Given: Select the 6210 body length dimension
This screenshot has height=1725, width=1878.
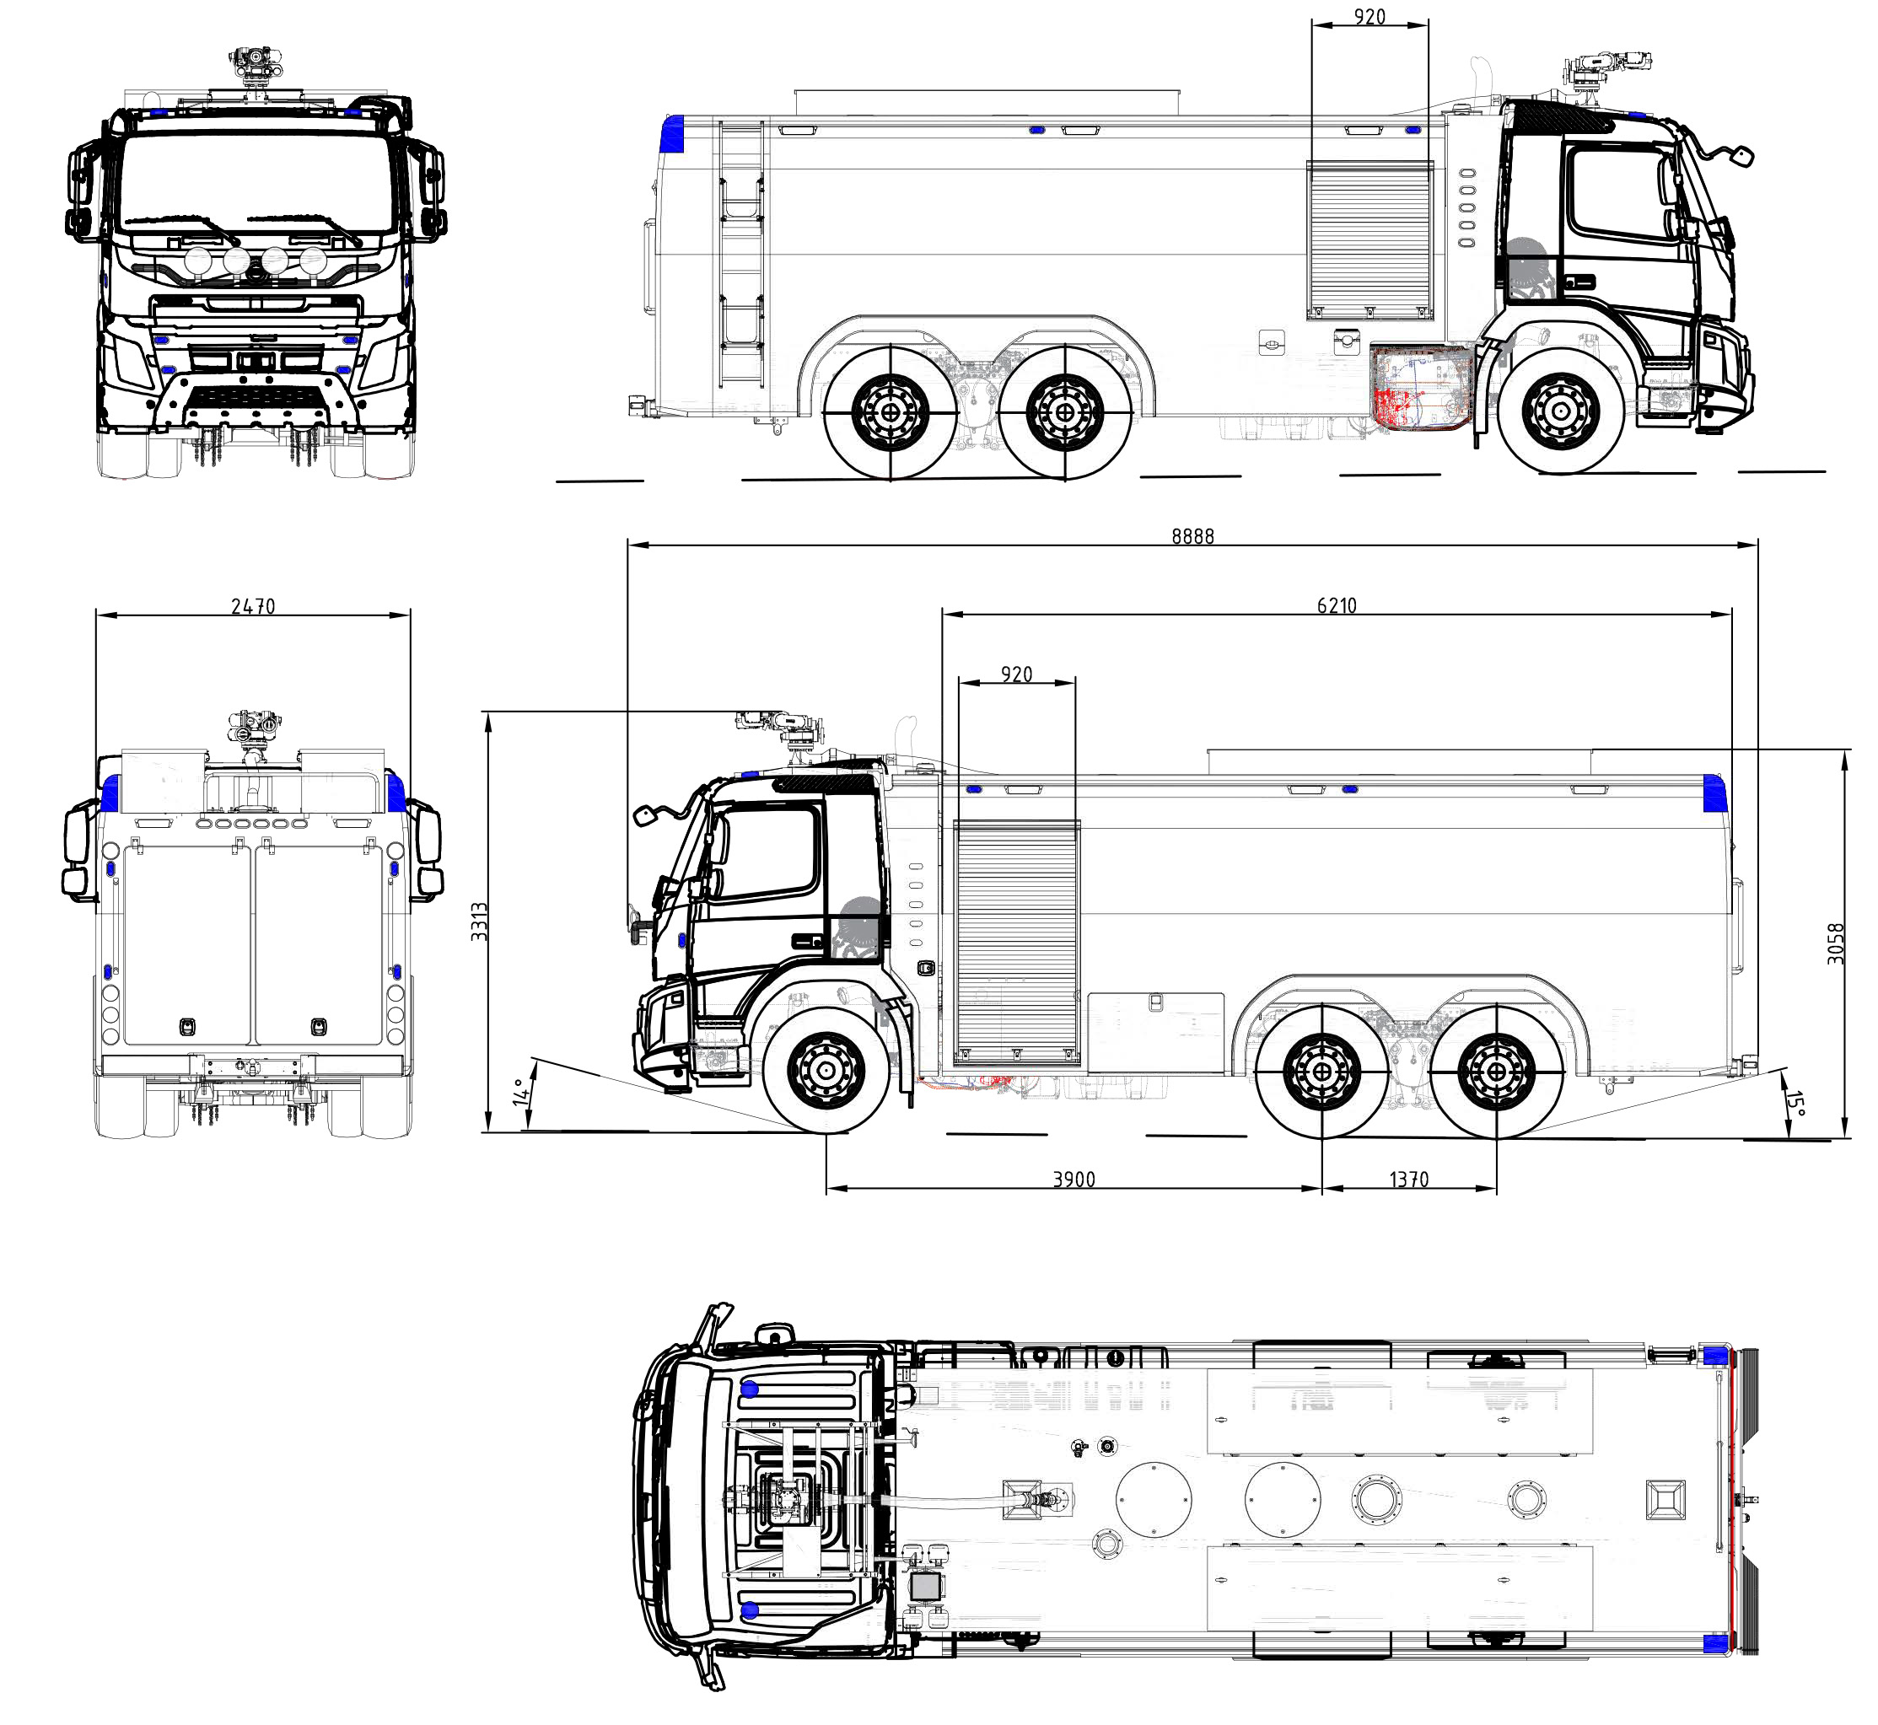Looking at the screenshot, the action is point(1337,606).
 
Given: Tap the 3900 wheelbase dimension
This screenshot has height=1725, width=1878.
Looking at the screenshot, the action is point(1074,1179).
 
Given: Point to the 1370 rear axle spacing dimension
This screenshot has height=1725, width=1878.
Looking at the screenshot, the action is point(1408,1179).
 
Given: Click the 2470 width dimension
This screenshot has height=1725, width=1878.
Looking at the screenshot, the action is point(253,607).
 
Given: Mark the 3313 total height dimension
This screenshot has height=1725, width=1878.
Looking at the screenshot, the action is point(479,922).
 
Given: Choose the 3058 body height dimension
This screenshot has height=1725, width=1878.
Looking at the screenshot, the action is point(1836,943).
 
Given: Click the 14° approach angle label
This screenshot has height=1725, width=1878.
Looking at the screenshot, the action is point(521,1092).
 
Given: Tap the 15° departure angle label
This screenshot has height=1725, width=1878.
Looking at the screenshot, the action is point(1795,1104).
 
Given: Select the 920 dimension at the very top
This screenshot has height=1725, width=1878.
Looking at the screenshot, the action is point(1369,17).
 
